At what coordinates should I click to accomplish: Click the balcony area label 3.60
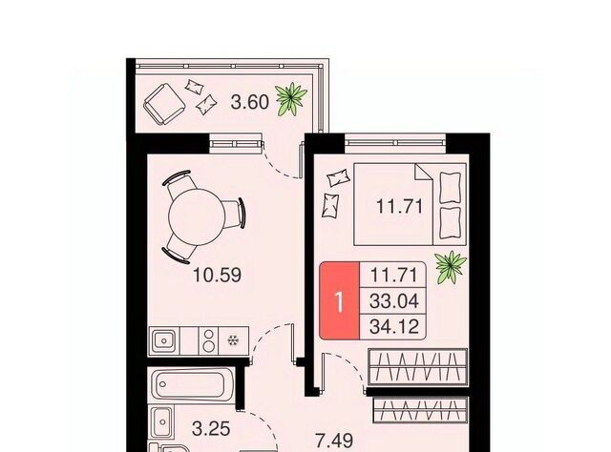click(250, 102)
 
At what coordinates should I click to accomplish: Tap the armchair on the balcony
click(164, 104)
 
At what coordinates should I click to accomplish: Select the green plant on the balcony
click(291, 100)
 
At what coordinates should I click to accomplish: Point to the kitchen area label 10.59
click(217, 275)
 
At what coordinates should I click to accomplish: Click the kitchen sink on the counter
click(164, 341)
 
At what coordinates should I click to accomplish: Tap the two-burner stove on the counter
click(209, 341)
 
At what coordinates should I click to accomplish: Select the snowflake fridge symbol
click(233, 341)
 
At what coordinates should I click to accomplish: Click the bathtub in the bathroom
click(192, 384)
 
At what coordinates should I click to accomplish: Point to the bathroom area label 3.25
click(211, 429)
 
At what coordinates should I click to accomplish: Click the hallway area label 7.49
click(334, 442)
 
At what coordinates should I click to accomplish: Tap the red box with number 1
click(340, 300)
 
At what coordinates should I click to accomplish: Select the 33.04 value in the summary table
click(394, 301)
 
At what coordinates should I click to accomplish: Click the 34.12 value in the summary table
click(394, 326)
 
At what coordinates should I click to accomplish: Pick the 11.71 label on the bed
click(399, 206)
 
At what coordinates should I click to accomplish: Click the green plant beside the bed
click(451, 267)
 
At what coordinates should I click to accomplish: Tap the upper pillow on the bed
click(450, 188)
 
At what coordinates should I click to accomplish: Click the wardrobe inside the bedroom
click(418, 367)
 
